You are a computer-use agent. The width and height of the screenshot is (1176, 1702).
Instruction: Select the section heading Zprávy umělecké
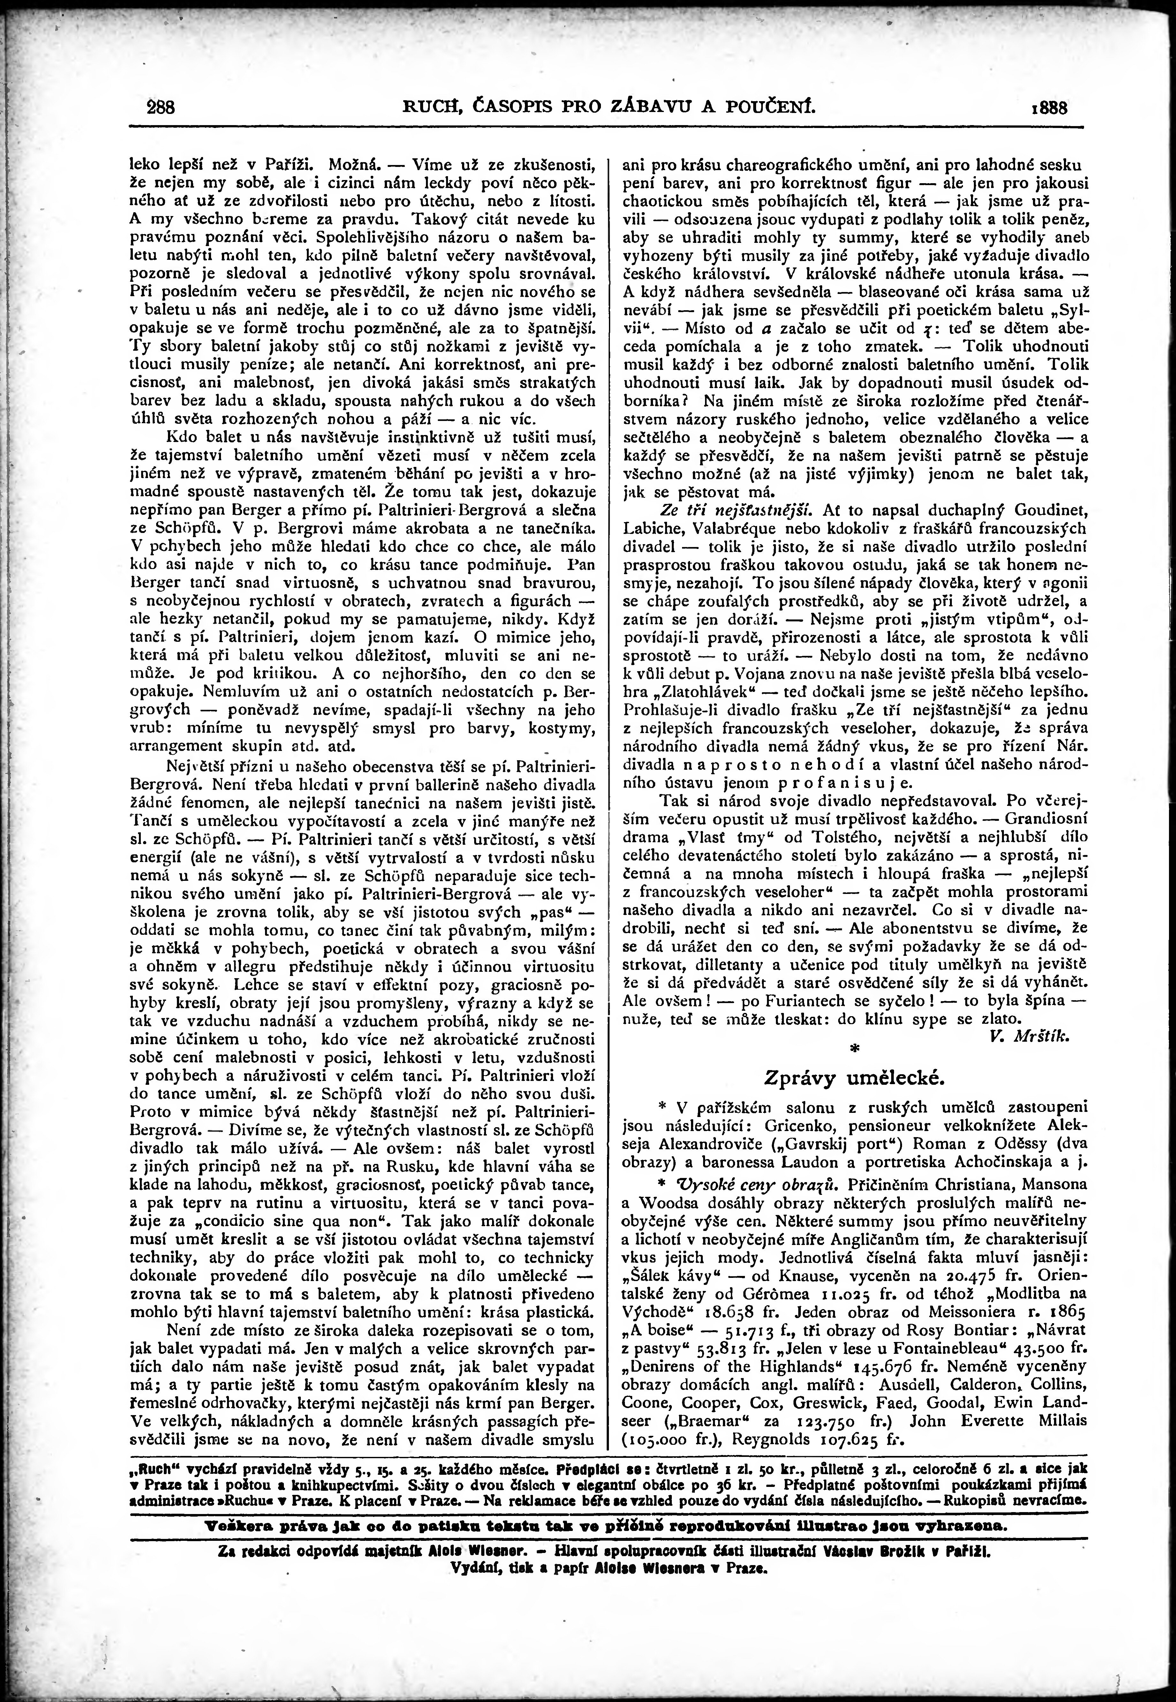pos(853,1077)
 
